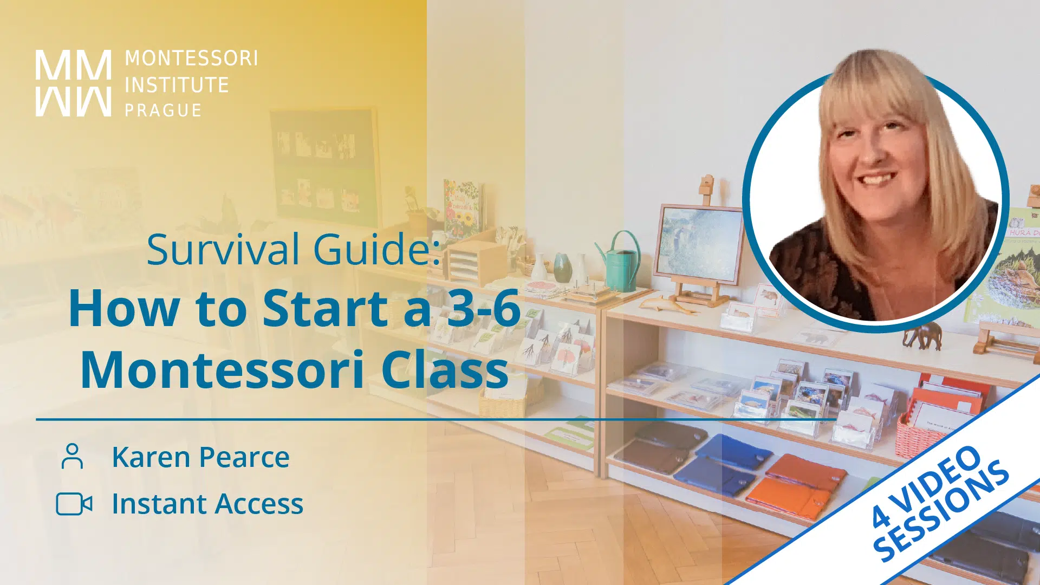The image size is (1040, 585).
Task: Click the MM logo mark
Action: (x=73, y=83)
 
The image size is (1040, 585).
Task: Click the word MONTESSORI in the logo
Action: (x=191, y=58)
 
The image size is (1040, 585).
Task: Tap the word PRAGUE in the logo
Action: (x=163, y=110)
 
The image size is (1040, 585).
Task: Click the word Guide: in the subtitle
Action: (x=378, y=250)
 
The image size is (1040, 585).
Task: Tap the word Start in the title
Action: (x=325, y=308)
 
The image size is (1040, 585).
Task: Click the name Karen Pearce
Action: (x=200, y=457)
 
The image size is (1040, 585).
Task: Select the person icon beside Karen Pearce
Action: (x=72, y=456)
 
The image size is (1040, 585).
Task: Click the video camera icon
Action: (x=74, y=504)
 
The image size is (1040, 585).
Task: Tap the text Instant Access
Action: (x=207, y=504)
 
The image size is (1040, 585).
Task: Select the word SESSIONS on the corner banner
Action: (x=941, y=510)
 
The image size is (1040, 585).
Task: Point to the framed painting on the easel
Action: (x=699, y=244)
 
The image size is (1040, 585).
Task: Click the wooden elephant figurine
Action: (x=922, y=335)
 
